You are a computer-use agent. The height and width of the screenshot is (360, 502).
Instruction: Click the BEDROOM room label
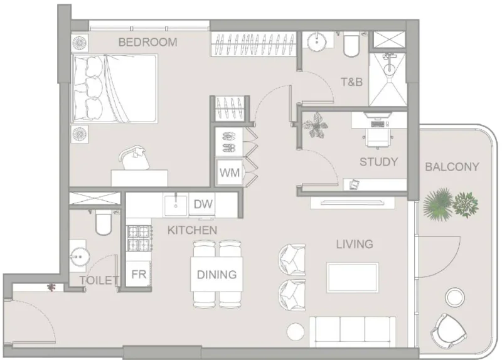click(147, 43)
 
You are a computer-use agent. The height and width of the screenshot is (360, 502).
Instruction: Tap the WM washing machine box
click(230, 172)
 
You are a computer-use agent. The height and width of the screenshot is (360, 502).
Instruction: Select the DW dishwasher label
click(201, 204)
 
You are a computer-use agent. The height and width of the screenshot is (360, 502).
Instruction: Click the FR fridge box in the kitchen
click(138, 274)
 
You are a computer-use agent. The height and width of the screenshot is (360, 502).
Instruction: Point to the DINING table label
click(216, 274)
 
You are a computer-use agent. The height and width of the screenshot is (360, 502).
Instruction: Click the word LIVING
click(354, 244)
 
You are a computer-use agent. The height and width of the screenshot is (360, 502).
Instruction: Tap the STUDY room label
click(378, 162)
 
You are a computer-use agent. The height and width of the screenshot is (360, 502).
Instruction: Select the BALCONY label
click(452, 167)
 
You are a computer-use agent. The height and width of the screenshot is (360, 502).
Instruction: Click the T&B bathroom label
click(351, 82)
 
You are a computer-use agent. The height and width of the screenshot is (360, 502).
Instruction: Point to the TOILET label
click(99, 280)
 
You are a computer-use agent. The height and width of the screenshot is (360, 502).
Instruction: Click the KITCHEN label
click(192, 230)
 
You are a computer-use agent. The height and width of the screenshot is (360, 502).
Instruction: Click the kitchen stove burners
click(139, 238)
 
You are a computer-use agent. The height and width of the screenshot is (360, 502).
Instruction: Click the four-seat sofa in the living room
click(353, 329)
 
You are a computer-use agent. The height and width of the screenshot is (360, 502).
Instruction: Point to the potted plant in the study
click(315, 125)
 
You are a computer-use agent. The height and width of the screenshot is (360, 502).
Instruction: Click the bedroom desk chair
click(134, 157)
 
